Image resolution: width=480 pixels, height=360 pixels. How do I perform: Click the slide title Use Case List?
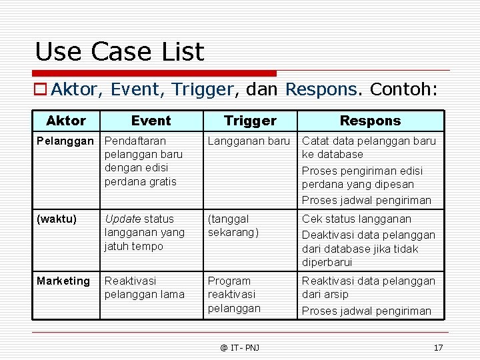119,51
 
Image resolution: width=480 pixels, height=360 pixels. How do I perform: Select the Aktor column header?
66,121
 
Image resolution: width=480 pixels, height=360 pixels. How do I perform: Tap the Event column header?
151,121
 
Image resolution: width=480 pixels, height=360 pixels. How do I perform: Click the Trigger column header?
250,121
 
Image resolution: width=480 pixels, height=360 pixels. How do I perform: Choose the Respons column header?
370,121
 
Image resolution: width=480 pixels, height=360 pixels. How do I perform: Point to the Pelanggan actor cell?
65,141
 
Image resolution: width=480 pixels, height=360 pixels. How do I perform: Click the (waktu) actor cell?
57,219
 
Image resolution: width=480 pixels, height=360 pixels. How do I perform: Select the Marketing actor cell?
63,281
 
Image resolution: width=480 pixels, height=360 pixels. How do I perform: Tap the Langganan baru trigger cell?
249,141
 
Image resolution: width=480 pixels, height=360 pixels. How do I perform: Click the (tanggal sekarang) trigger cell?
233,225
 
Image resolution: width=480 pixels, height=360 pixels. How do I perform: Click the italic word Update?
123,219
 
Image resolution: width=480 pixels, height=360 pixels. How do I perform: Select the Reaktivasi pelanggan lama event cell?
145,288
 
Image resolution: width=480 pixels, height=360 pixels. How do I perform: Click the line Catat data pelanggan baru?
369,141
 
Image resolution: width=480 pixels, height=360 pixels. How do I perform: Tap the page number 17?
438,347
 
